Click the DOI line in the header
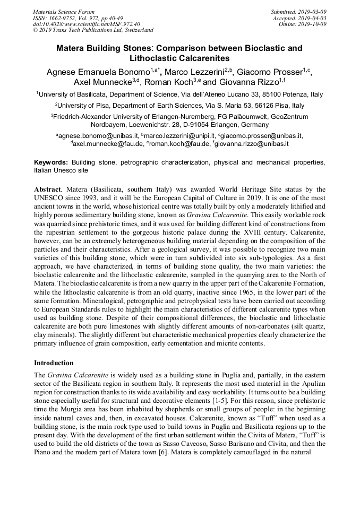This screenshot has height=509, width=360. click(87, 24)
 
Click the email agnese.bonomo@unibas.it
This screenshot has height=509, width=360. click(99, 136)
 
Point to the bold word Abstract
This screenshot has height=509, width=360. click(47, 189)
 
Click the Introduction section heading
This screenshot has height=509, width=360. click(54, 363)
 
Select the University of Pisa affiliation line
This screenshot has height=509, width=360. click(179, 106)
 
